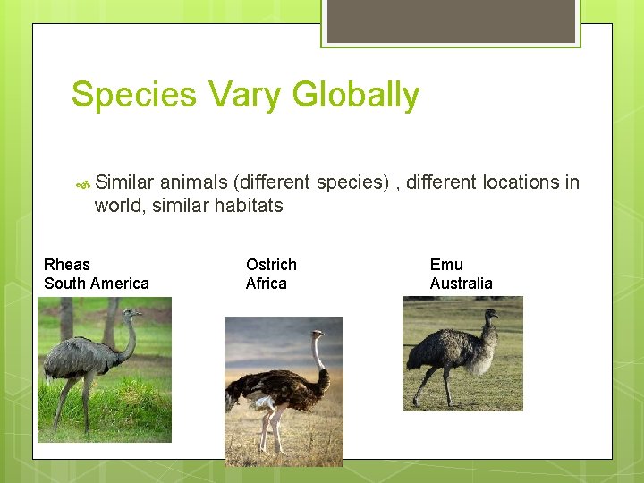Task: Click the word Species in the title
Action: pos(133,95)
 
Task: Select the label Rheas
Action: pos(67,265)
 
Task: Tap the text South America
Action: pos(97,284)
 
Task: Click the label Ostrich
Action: pos(271,265)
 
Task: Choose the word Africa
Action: pos(267,284)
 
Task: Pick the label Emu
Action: pos(446,265)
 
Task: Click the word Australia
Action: pos(461,284)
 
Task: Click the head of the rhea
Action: pos(132,315)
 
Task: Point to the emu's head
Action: pos(490,314)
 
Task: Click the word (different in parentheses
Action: pos(272,182)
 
